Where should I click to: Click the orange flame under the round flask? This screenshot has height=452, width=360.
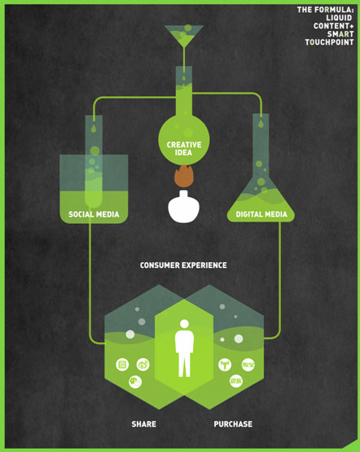coord(183,175)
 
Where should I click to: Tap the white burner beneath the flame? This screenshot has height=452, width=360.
coord(183,206)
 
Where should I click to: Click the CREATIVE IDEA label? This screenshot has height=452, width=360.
coord(184,148)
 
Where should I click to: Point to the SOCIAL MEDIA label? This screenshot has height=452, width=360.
coord(94,214)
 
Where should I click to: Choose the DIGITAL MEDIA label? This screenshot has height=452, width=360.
coord(261,214)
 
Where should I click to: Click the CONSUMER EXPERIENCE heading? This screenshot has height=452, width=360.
coord(183,265)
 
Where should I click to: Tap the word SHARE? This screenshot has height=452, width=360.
coord(144,424)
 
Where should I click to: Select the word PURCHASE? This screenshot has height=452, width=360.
coord(233,424)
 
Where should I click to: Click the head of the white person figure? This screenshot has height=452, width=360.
coord(184,323)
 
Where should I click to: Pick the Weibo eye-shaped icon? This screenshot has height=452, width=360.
coord(143,365)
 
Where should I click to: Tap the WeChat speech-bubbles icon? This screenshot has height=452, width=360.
coord(135,382)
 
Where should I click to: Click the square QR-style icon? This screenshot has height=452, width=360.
coord(122,365)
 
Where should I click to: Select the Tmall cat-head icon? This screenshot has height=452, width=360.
coord(225,365)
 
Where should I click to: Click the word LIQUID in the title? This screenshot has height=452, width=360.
coord(339,18)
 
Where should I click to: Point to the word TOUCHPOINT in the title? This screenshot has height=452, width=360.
coord(329,42)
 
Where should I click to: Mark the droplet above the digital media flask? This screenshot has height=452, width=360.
coord(261,124)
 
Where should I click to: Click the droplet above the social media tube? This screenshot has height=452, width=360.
coord(94,129)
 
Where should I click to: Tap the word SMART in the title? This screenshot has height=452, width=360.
coord(340,34)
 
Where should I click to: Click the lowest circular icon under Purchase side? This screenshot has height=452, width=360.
coord(236,381)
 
